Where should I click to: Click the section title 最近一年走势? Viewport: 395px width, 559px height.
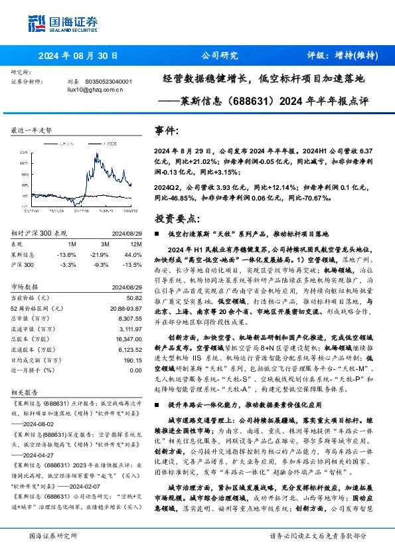pyautogui.click(x=32, y=131)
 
